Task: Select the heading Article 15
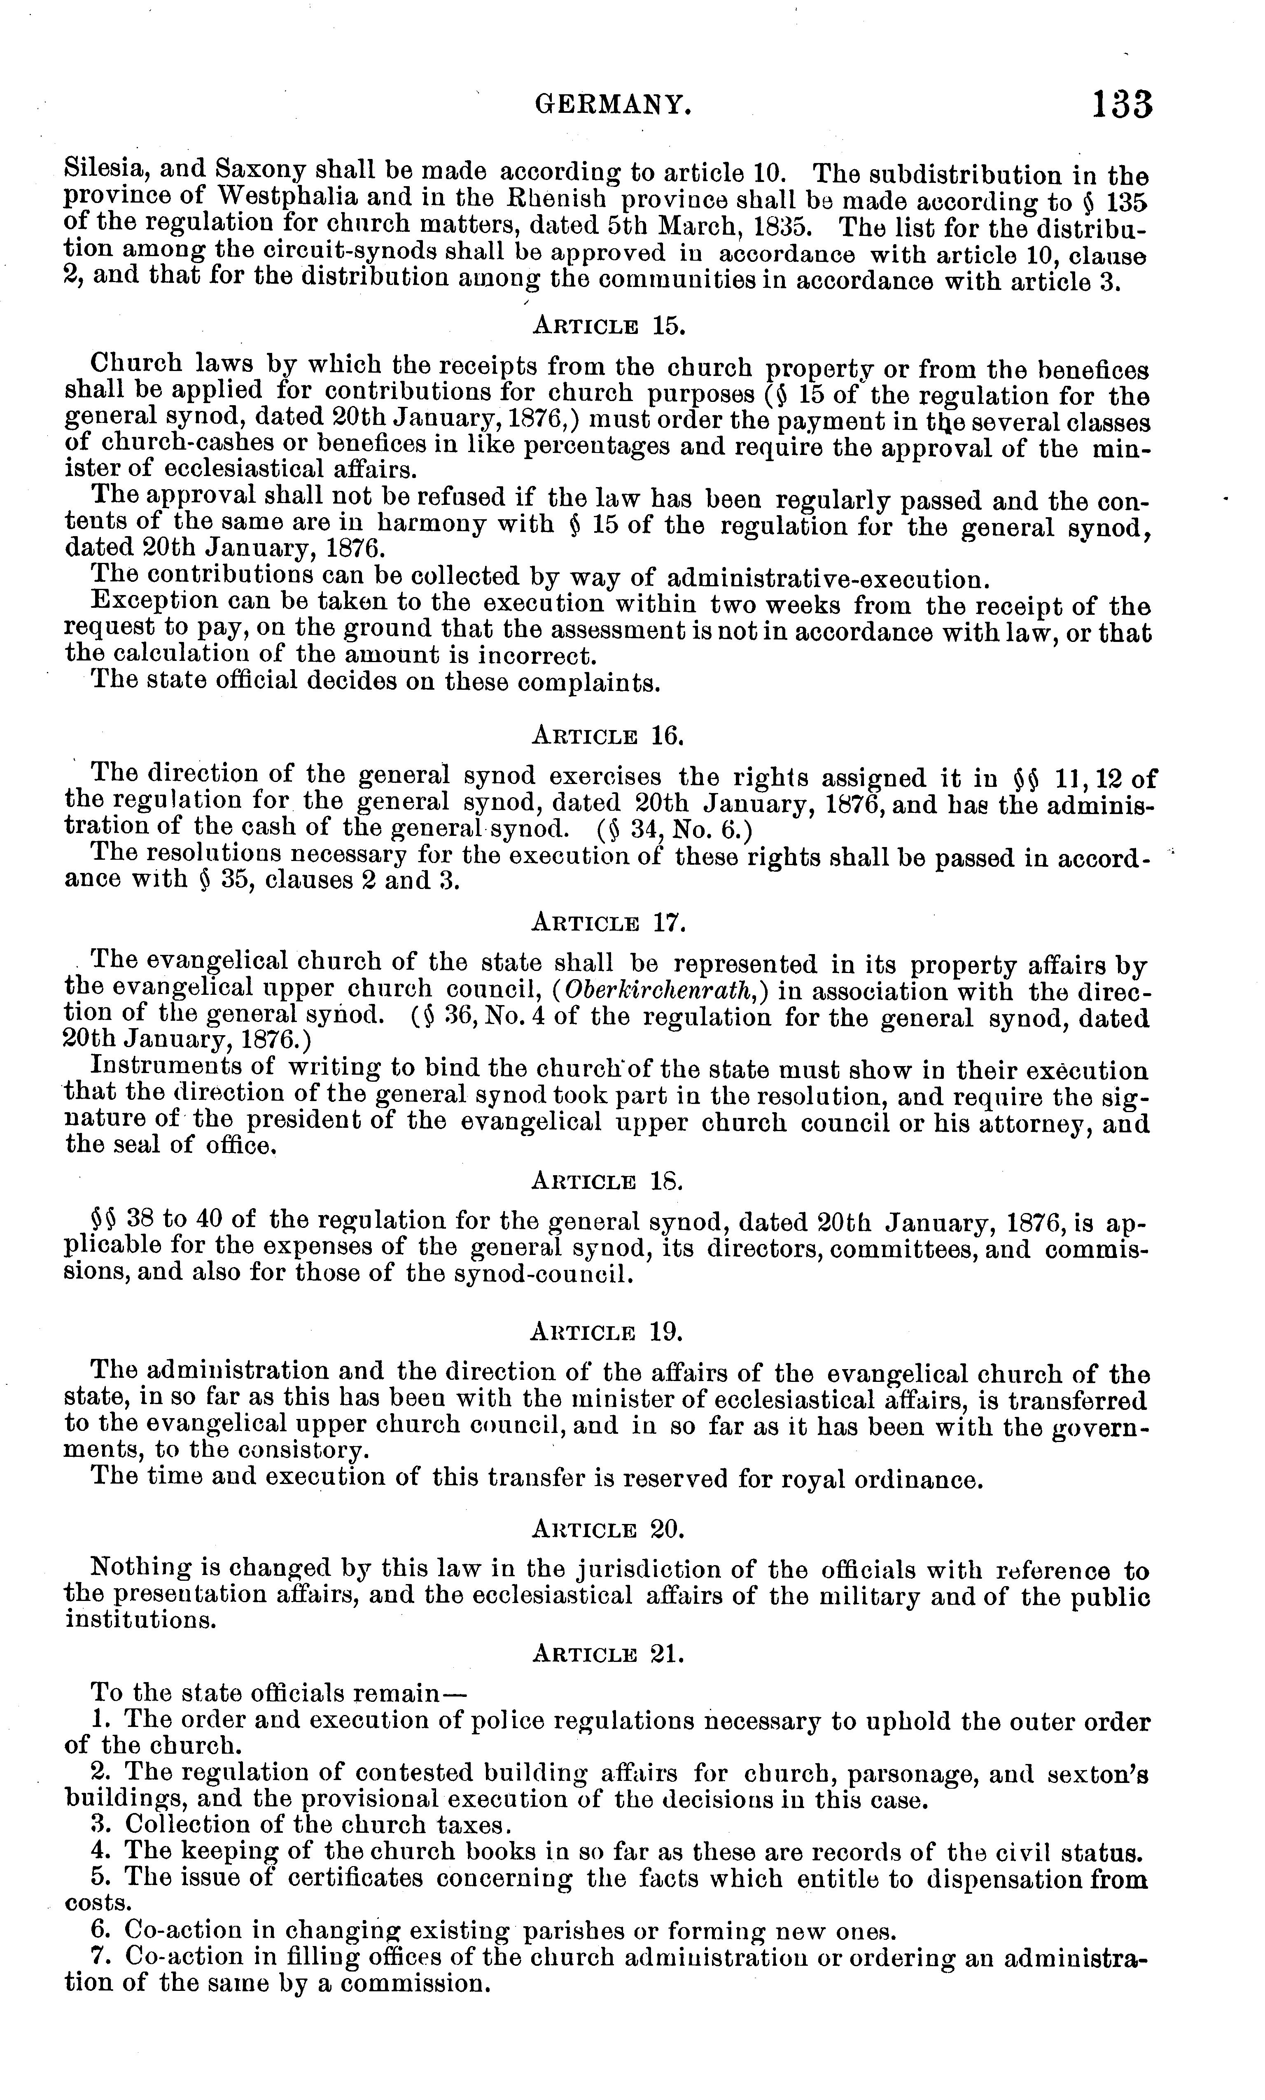(609, 326)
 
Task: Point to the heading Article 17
(609, 922)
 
